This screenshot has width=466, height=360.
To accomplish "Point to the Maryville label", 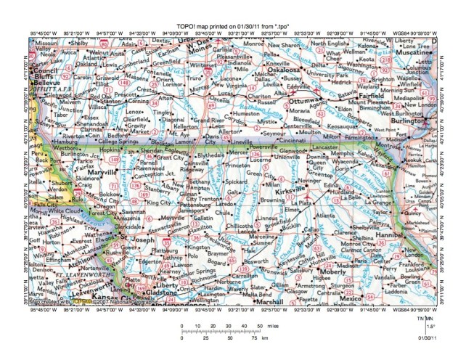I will point(97,173).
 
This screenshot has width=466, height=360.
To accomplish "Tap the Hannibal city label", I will point(411,235).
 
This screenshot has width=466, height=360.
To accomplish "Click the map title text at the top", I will point(232,26).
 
